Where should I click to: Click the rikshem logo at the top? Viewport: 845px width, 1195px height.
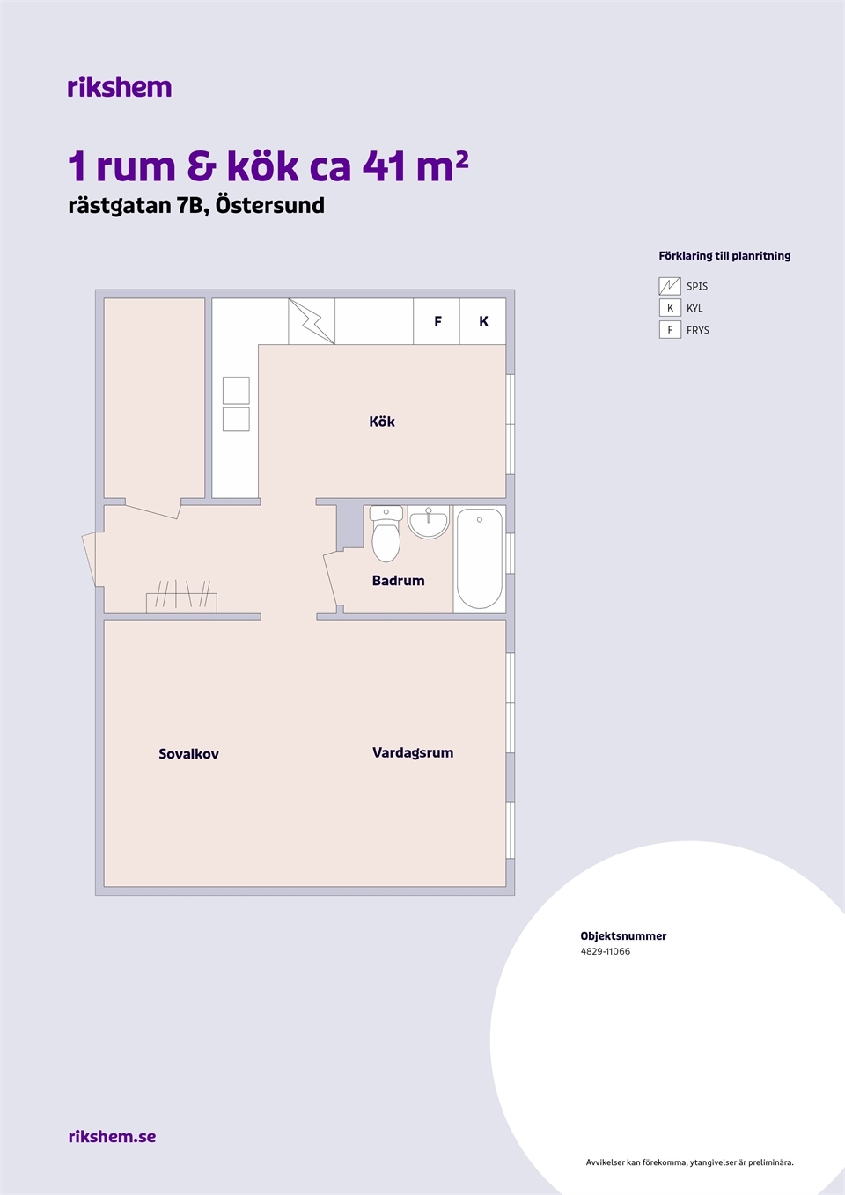(120, 87)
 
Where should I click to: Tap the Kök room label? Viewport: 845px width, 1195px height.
(382, 422)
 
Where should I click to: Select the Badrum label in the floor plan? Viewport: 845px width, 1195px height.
(398, 581)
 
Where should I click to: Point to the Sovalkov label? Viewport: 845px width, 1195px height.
(188, 754)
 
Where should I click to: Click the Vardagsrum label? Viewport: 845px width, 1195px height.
(413, 752)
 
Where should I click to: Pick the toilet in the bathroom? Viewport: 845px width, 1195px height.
(386, 533)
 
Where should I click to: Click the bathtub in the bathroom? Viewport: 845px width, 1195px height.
(480, 559)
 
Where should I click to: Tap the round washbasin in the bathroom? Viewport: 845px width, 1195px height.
(429, 522)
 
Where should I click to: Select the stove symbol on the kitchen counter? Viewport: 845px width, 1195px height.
(312, 321)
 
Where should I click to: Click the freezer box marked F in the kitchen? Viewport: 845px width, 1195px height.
(437, 321)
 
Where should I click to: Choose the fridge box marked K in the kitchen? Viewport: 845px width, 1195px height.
(482, 321)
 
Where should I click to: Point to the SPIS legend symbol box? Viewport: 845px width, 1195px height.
(670, 286)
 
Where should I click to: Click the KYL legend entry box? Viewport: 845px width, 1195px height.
(670, 308)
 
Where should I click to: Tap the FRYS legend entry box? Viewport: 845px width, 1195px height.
(670, 330)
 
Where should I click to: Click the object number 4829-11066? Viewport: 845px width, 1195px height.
(605, 951)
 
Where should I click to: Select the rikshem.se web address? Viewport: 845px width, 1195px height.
(113, 1136)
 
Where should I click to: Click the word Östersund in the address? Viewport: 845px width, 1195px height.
(270, 205)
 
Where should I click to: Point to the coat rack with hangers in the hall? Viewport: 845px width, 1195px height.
(181, 597)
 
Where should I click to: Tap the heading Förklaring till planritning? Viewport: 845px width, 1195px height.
(724, 256)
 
